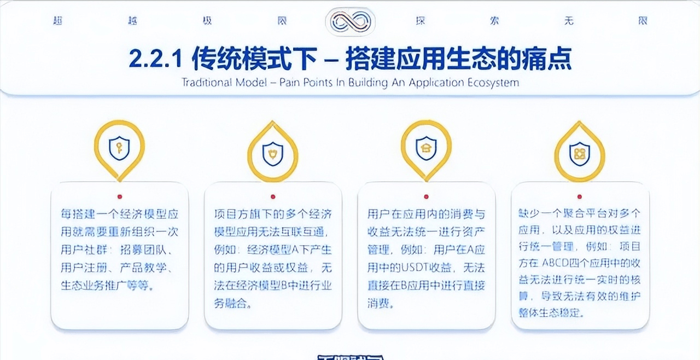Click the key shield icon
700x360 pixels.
tap(119, 148)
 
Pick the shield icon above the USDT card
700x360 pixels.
tap(425, 148)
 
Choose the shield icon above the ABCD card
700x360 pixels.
tap(579, 152)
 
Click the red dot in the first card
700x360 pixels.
tap(119, 196)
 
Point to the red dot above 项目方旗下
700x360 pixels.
tap(272, 196)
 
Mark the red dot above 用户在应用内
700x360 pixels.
tap(425, 196)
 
